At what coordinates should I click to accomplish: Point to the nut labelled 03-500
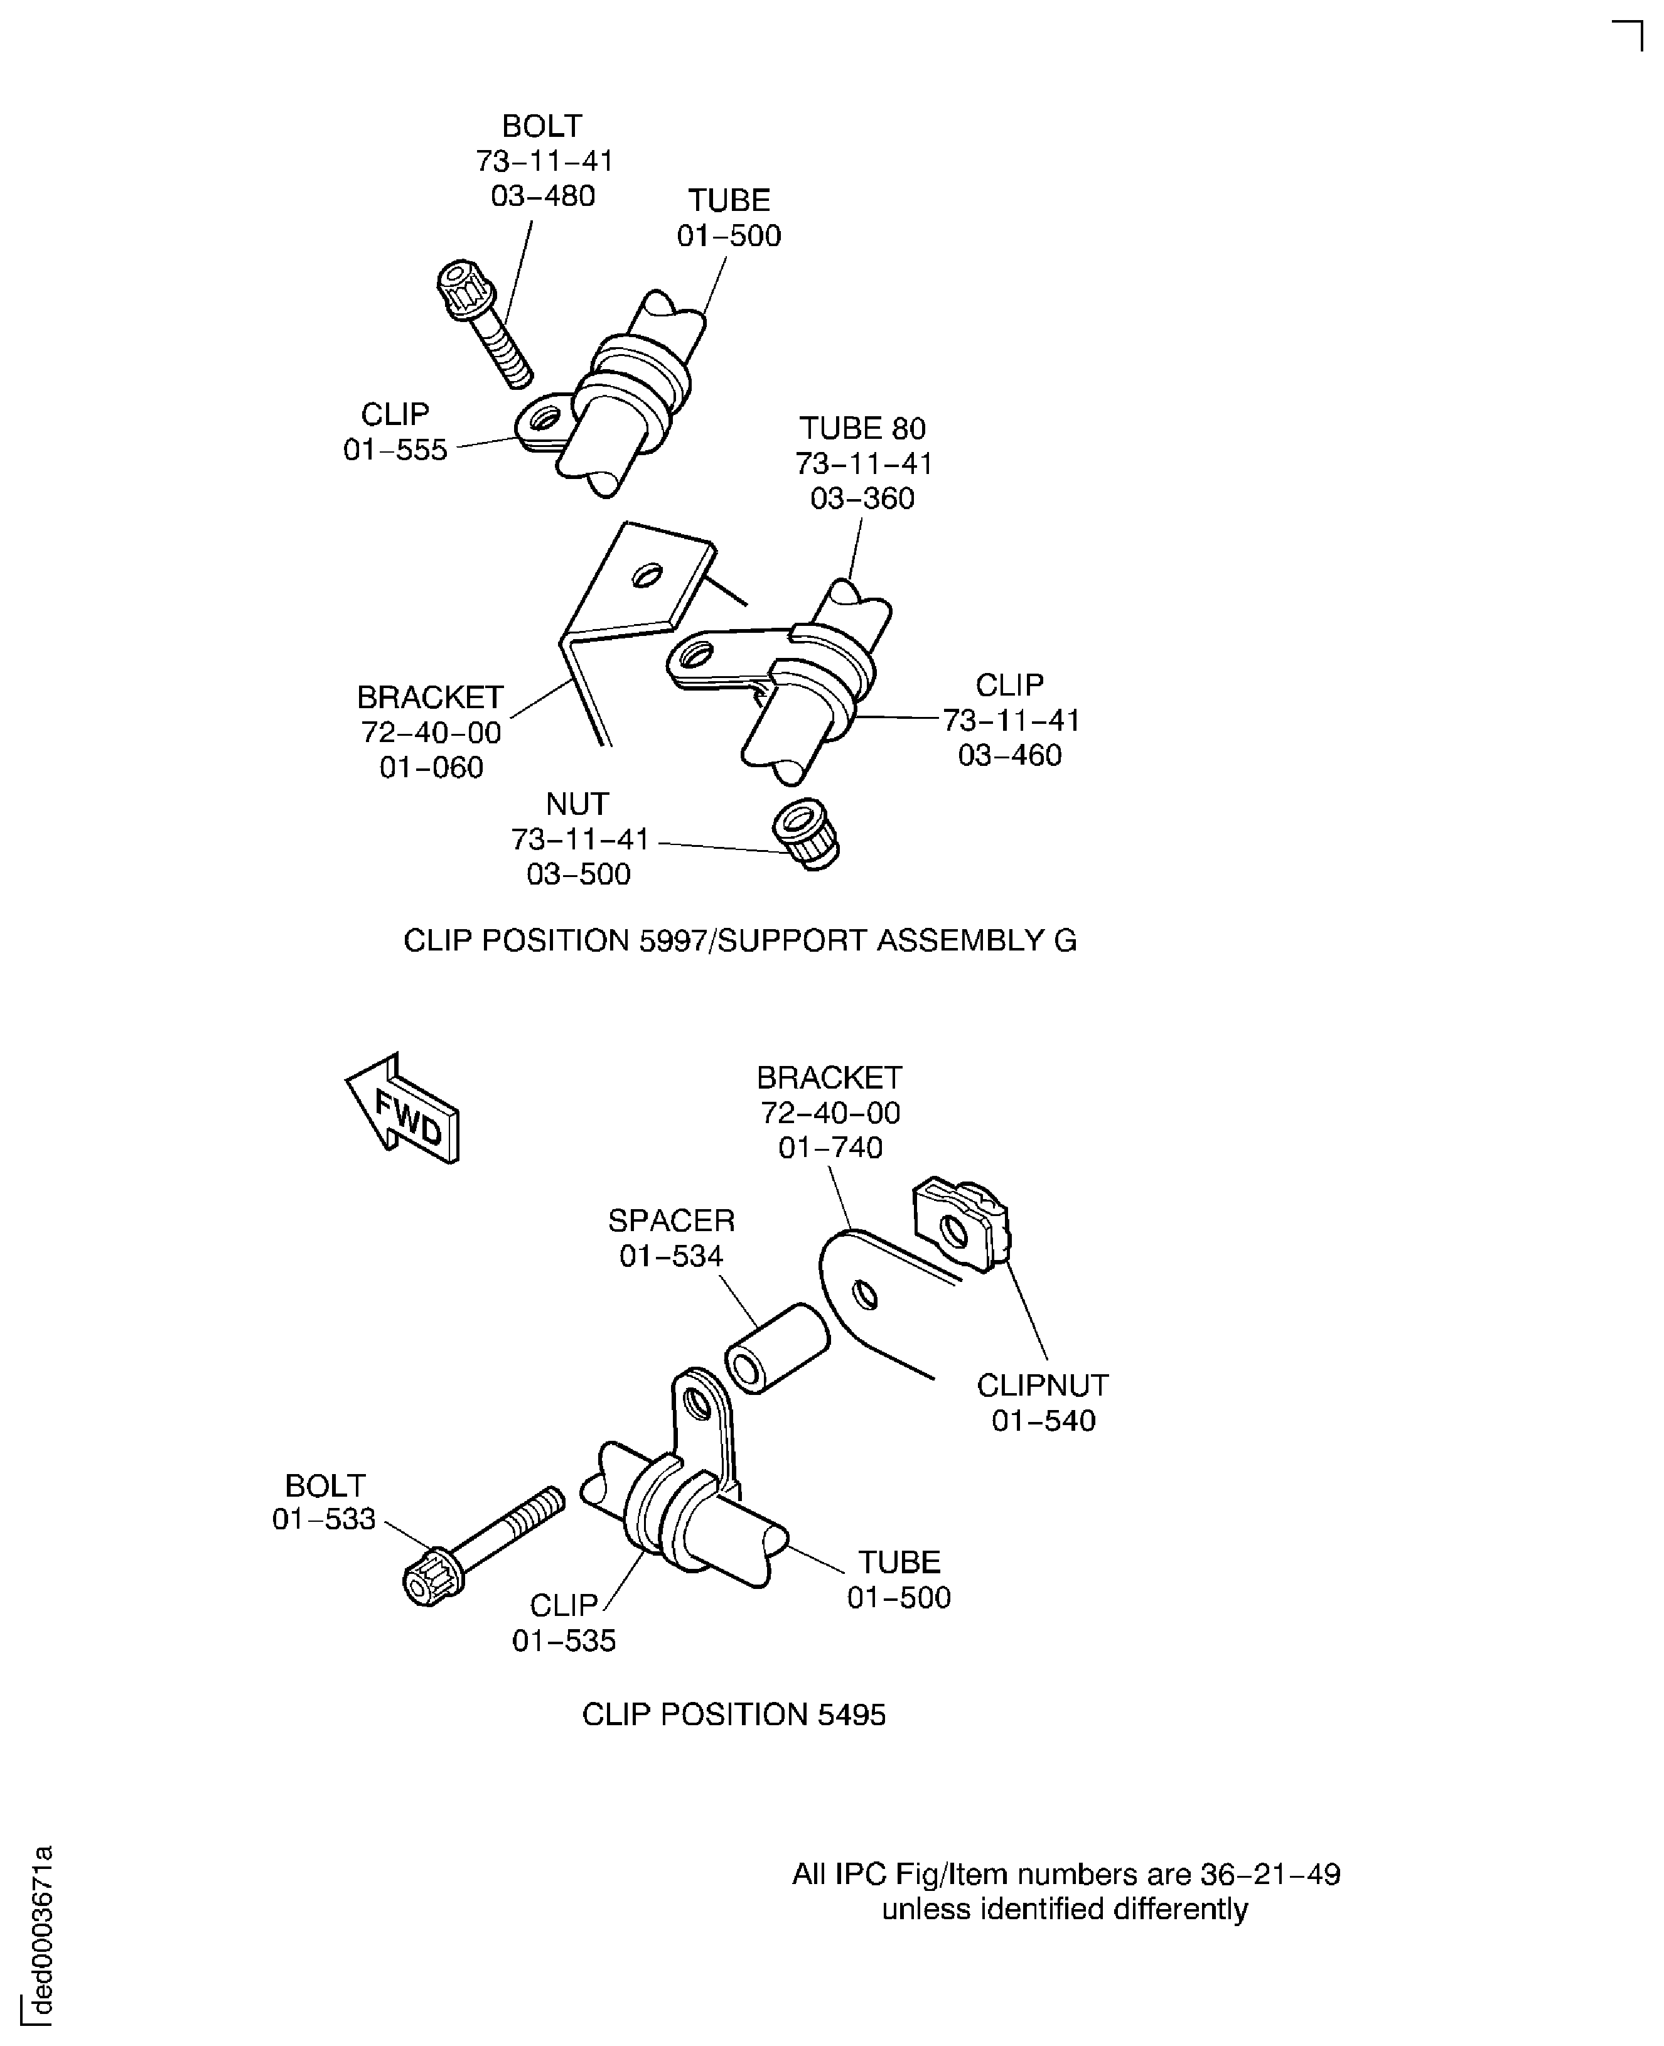805,832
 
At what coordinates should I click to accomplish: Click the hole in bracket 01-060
648,574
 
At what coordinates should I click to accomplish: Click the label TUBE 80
862,429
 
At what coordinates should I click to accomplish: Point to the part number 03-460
1009,755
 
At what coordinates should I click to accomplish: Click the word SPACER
671,1220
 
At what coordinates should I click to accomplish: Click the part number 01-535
564,1640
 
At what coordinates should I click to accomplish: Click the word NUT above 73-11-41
577,804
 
